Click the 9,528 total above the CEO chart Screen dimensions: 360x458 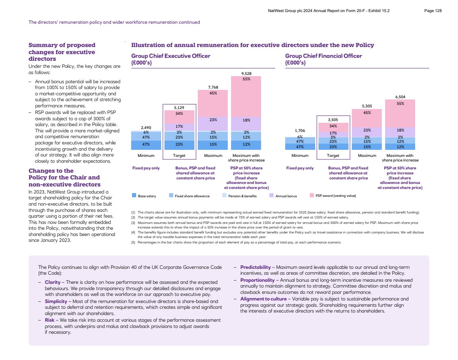pyautogui.click(x=246, y=74)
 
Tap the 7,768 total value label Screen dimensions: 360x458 pyautogui.click(x=213, y=87)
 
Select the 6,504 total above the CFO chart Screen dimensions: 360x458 pyautogui.click(x=400, y=97)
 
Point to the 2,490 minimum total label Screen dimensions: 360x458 pyautogui.click(x=146, y=127)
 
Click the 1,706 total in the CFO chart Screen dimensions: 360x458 pyautogui.click(x=300, y=131)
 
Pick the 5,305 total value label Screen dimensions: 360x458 pyautogui.click(x=367, y=106)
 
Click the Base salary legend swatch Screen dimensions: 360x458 pyautogui.click(x=134, y=195)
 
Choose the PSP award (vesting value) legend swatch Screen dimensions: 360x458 pyautogui.click(x=312, y=195)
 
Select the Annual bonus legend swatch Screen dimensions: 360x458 pyautogui.click(x=271, y=195)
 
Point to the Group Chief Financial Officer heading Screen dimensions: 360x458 pyautogui.click(x=324, y=56)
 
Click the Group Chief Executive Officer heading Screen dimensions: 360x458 pyautogui.click(x=171, y=56)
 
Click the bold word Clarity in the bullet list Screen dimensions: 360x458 pyautogui.click(x=52, y=282)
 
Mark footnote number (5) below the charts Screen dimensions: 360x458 pyautogui.click(x=133, y=242)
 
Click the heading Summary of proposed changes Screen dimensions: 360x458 pyautogui.click(x=62, y=52)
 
